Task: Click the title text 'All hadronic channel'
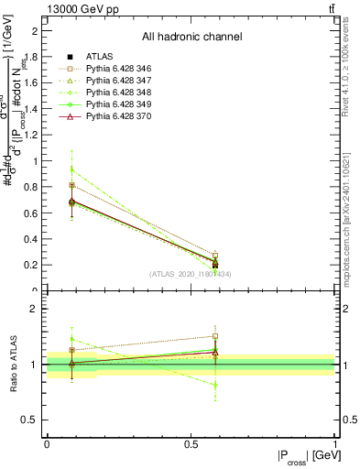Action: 191,38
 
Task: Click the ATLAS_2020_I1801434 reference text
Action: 191,274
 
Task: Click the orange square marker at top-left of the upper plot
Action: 71,185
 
